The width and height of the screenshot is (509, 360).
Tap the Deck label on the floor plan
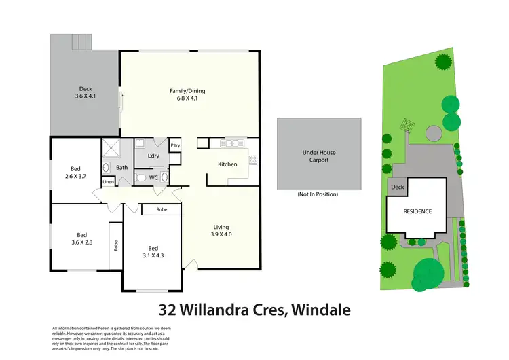click(86, 88)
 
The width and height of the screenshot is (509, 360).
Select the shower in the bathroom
click(110, 147)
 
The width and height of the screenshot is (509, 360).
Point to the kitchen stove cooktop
click(253, 160)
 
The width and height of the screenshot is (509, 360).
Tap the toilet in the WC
click(140, 178)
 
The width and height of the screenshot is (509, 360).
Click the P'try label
click(175, 145)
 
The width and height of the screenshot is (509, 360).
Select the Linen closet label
click(108, 182)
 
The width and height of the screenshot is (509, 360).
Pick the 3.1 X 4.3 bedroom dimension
click(153, 255)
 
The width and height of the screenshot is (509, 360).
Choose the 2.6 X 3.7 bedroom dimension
click(75, 177)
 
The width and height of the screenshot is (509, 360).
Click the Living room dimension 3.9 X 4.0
click(222, 234)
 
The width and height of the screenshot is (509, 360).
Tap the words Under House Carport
click(316, 156)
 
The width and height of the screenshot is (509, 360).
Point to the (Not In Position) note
click(317, 194)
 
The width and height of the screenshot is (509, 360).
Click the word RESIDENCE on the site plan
click(417, 211)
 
